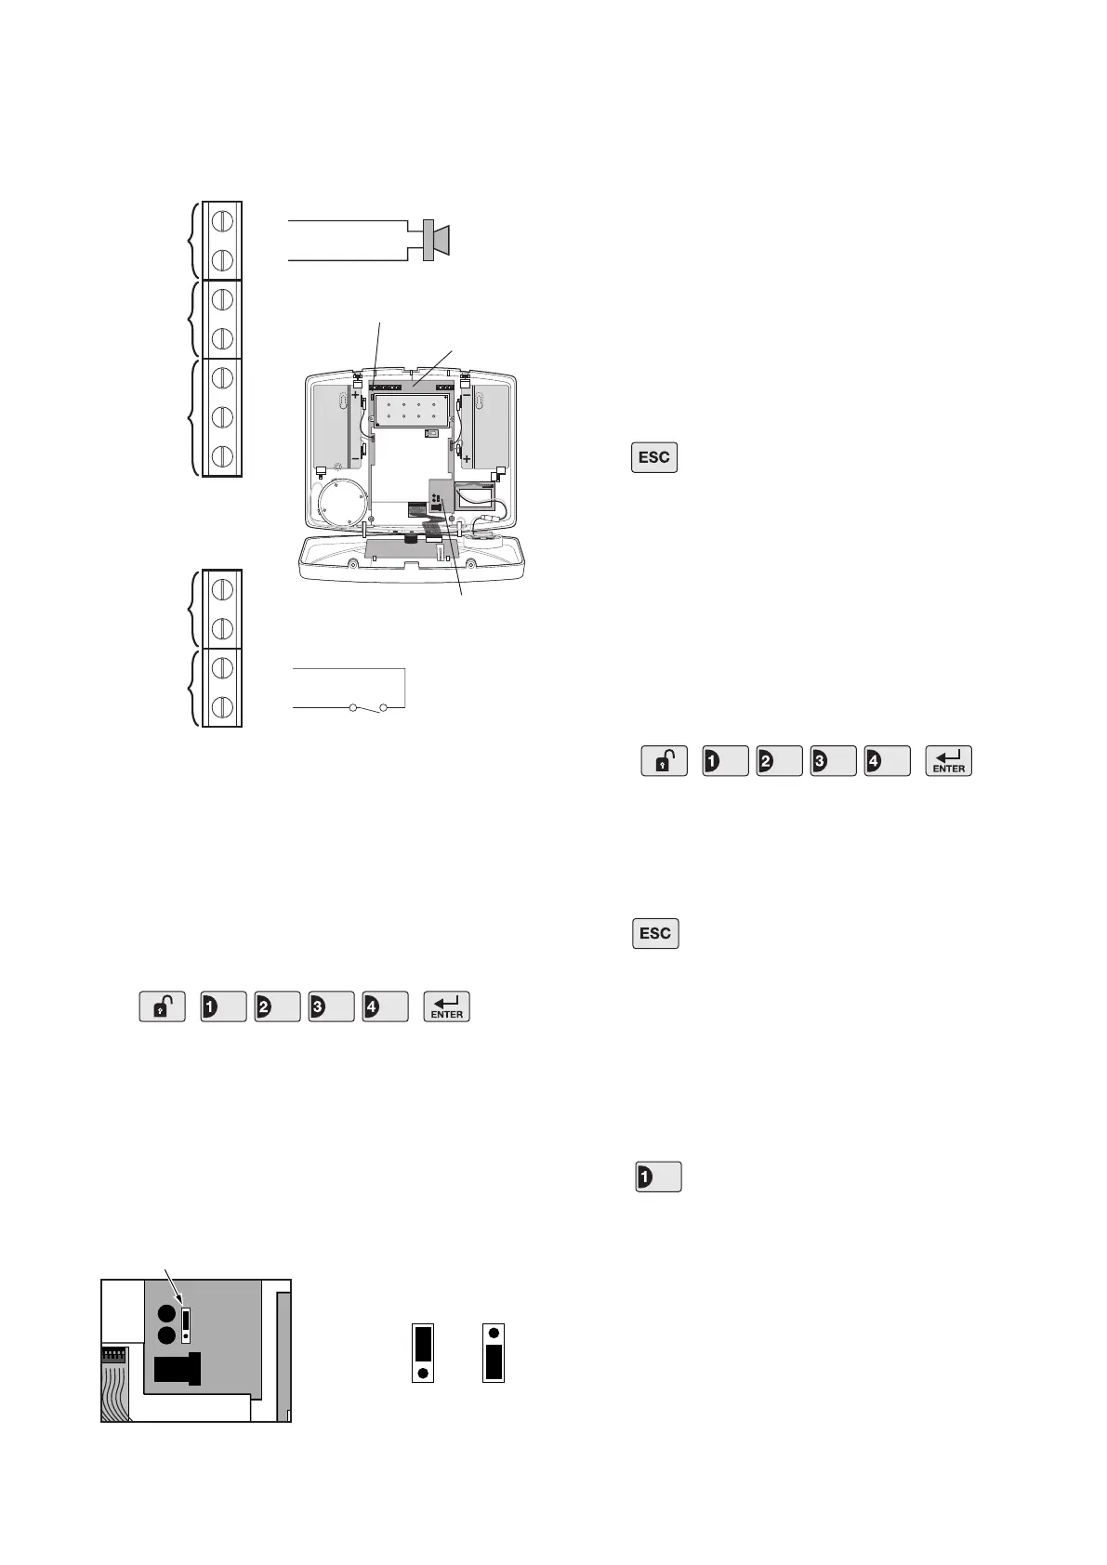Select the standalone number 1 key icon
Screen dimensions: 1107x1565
coord(658,1177)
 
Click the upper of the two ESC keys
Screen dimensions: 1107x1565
coord(654,458)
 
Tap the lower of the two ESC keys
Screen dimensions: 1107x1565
coord(655,933)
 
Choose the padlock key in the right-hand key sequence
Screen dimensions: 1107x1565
coord(664,761)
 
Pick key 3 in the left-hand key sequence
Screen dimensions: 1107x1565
coord(331,1007)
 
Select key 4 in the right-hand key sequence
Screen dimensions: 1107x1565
coord(886,761)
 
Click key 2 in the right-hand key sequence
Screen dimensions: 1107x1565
coord(779,761)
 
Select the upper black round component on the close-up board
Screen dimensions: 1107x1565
coord(166,1315)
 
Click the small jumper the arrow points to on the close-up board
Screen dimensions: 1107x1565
coord(186,1324)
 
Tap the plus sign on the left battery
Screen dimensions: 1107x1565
coord(355,394)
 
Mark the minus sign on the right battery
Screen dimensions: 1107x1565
coord(466,394)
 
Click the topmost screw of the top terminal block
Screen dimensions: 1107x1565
coord(221,221)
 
